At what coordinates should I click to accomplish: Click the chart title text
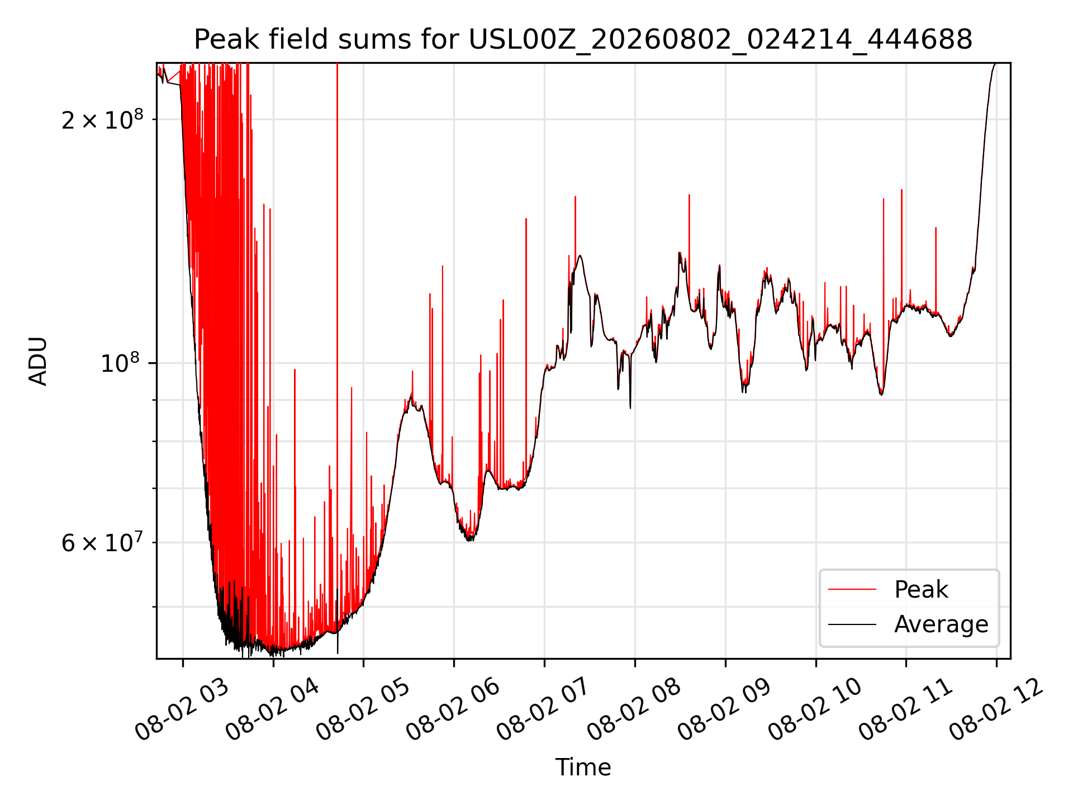583,40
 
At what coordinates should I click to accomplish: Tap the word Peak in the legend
921,590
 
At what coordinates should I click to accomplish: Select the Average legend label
941,624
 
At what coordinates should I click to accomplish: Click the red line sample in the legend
852,589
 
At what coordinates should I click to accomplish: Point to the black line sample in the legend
852,624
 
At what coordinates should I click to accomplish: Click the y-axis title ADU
38,361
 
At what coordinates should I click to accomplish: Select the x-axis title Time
583,768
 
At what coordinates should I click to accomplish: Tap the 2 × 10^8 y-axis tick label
102,119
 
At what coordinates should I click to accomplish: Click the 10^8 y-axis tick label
122,363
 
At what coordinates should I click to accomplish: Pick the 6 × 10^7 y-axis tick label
102,542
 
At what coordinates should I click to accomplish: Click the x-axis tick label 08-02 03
183,710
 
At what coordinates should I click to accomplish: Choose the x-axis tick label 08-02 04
273,710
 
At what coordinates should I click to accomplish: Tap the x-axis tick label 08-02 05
364,710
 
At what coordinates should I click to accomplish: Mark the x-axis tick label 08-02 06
454,710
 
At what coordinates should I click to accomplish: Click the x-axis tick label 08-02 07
544,710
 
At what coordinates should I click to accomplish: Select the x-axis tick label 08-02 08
635,710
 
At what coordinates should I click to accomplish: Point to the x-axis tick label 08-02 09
725,710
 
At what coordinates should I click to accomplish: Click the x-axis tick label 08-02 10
816,710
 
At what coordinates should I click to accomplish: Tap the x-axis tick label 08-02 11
906,710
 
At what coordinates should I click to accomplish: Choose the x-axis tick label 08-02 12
997,710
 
